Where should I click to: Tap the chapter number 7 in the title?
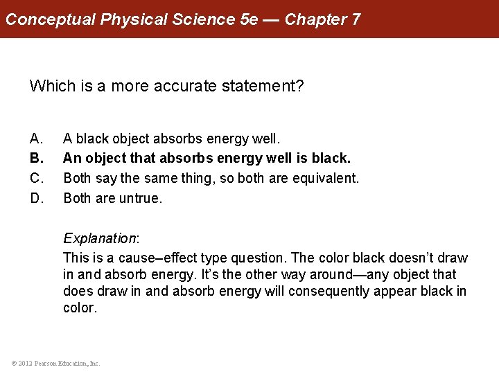tap(356, 19)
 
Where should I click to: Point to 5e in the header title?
tap(248, 19)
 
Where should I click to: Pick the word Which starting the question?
tap(49, 87)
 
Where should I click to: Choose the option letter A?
tap(36, 140)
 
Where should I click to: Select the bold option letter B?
tap(36, 159)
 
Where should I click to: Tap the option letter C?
tap(36, 179)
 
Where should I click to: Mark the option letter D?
tap(36, 198)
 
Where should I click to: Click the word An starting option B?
tap(72, 159)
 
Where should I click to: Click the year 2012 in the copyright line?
tap(22, 363)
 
